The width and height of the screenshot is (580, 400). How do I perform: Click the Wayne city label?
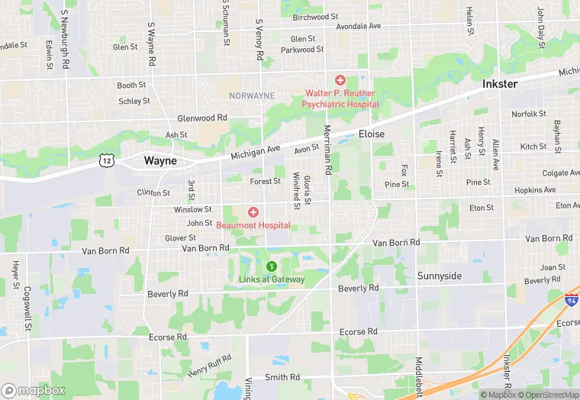coord(160,161)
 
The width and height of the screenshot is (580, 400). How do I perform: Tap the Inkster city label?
coord(501,83)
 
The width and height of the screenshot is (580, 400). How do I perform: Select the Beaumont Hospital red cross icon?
coord(253,212)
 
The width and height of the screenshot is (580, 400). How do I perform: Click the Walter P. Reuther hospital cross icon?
coord(340,80)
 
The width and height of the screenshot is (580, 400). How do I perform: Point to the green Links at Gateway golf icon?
coord(271,266)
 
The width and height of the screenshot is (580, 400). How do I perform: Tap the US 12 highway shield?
coord(106,160)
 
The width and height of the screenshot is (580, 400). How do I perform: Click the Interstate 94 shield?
coord(571,301)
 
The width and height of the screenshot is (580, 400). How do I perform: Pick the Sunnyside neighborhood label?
coord(439,276)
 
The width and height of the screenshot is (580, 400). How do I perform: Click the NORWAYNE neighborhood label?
coord(251,95)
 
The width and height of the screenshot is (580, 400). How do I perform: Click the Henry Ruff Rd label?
coord(209,366)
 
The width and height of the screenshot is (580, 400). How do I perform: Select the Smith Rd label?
coord(282,377)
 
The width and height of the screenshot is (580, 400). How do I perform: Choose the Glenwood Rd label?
coord(202,118)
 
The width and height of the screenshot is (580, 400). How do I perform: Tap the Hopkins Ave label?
coord(535,190)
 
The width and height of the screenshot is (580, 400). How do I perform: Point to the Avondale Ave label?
coord(358,26)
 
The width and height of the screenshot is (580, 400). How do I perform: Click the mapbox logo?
coord(34,390)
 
